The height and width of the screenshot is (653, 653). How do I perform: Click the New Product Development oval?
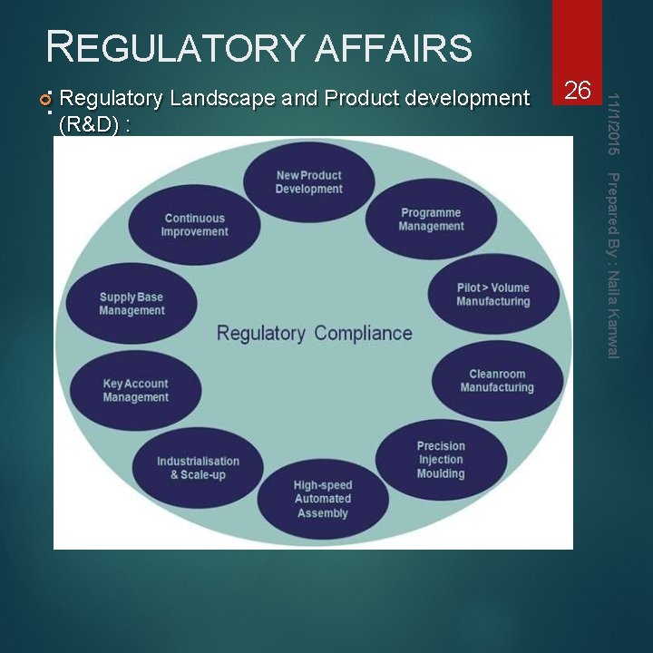pos(309,182)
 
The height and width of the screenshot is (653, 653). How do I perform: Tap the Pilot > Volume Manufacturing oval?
pos(492,295)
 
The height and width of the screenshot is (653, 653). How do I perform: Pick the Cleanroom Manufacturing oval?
pos(496,381)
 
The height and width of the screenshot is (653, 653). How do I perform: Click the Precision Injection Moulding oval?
pos(441,460)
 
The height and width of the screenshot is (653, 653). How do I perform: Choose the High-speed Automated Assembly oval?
pos(322,499)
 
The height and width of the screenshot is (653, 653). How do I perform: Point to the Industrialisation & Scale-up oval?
pos(198,468)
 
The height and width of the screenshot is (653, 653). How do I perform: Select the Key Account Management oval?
pos(135,391)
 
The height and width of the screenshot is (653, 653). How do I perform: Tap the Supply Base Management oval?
pos(132,304)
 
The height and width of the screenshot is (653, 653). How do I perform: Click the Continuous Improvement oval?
pos(194,225)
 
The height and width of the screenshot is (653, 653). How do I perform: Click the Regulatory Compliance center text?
pos(314,334)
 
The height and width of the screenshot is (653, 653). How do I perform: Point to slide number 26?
pos(578,90)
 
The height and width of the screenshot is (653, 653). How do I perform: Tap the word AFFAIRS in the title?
pos(394,48)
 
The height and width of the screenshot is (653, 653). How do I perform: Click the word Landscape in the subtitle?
pos(215,98)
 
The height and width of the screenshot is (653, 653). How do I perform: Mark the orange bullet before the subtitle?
pos(45,98)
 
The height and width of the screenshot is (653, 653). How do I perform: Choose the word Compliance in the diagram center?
pos(363,334)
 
